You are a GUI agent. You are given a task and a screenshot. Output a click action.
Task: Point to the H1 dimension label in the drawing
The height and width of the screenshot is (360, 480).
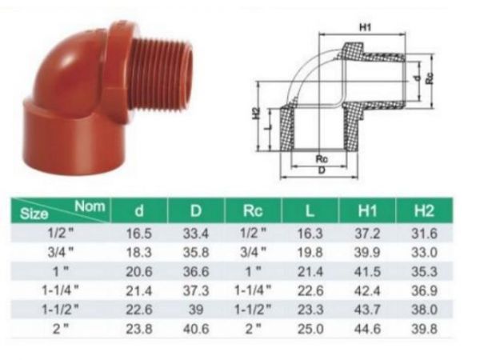[x=366, y=28]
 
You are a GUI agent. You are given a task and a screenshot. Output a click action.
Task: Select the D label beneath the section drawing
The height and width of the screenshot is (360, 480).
[x=320, y=171]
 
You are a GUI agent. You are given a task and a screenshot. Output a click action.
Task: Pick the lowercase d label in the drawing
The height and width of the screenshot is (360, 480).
[x=417, y=78]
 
